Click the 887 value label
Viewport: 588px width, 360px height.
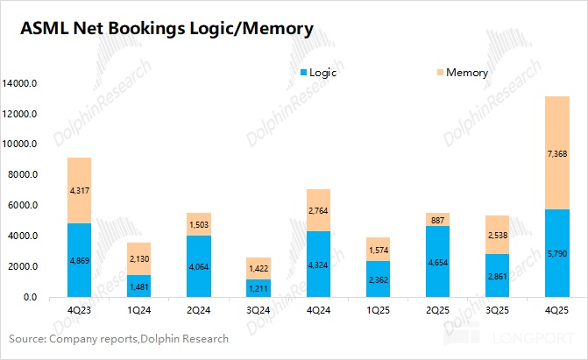(x=437, y=220)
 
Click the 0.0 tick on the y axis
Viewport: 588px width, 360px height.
(x=30, y=298)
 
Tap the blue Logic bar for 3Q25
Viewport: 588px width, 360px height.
(x=497, y=267)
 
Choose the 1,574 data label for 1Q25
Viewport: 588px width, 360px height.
(x=378, y=250)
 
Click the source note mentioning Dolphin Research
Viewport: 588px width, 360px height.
(x=118, y=339)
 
